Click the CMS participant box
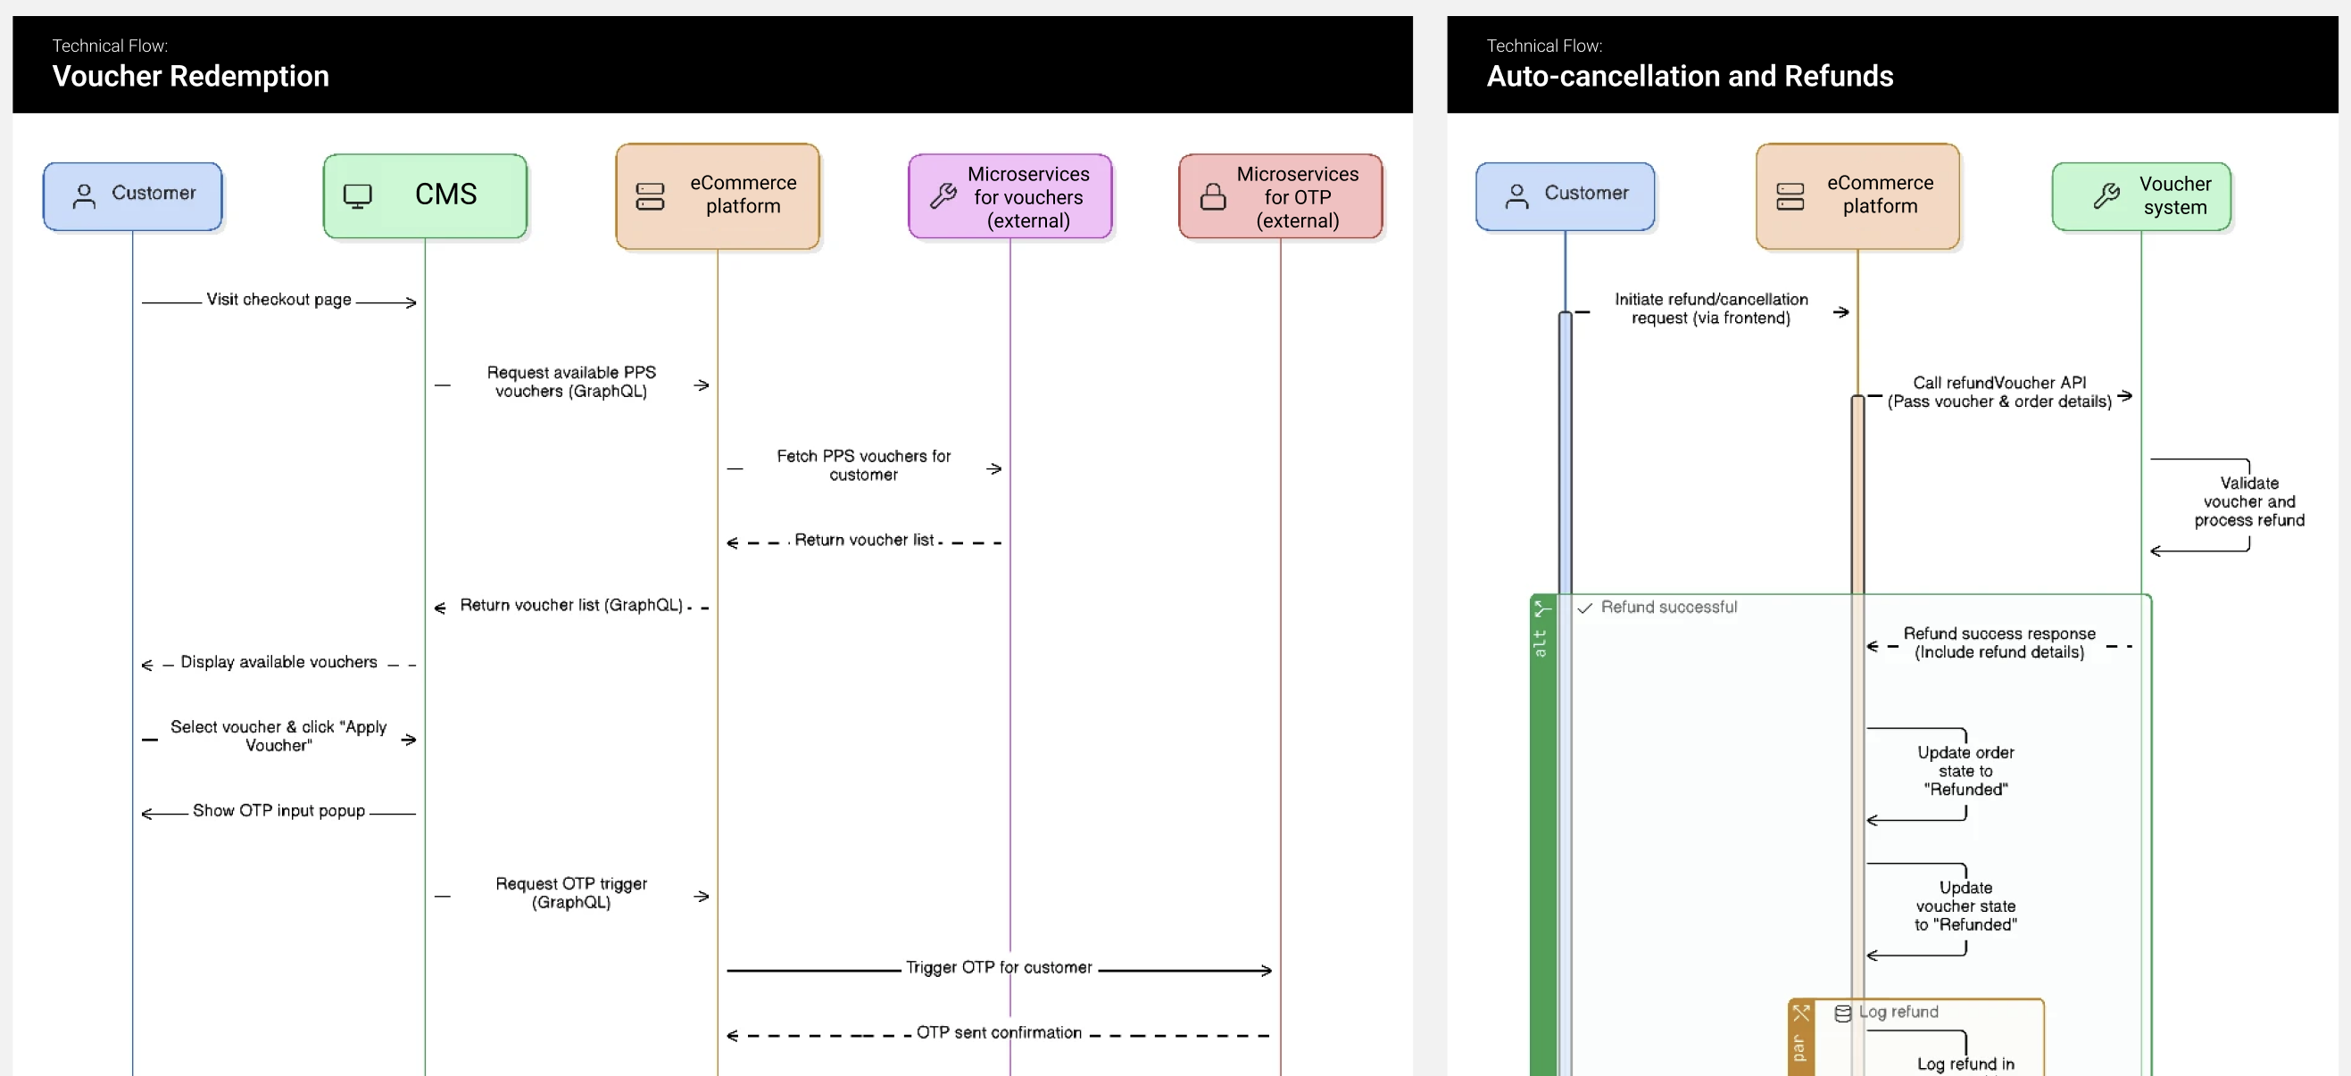click(425, 195)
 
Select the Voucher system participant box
click(2141, 195)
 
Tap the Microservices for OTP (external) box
click(1281, 196)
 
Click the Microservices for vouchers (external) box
click(1010, 196)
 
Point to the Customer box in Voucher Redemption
click(133, 195)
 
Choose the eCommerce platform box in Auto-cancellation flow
click(1857, 195)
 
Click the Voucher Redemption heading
click(191, 76)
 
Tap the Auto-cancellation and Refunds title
click(1690, 76)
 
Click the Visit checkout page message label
click(278, 300)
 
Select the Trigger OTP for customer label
click(999, 967)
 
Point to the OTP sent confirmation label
click(999, 1032)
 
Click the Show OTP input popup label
click(278, 810)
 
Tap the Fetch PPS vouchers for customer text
click(863, 466)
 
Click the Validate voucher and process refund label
click(2248, 502)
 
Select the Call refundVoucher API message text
click(1998, 393)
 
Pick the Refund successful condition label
click(1668, 607)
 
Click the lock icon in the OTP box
click(1213, 196)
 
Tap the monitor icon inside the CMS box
click(358, 195)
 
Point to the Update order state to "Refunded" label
click(1965, 771)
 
